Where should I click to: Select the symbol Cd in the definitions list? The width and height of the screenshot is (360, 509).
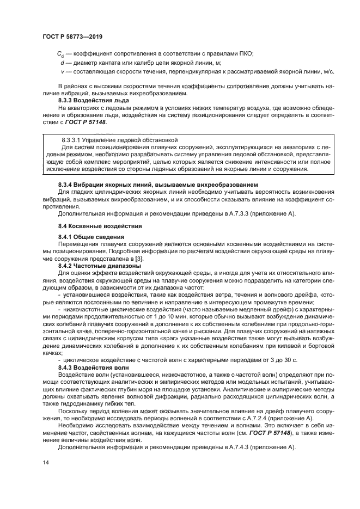pyautogui.click(x=60, y=54)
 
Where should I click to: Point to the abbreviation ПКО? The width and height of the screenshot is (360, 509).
pyautogui.click(x=246, y=54)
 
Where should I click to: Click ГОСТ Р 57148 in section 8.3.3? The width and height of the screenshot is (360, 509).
pyautogui.click(x=89, y=123)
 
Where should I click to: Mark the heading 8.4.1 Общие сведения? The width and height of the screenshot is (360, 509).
pyautogui.click(x=91, y=237)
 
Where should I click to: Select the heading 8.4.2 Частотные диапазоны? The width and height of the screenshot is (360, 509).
pyautogui.click(x=97, y=266)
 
